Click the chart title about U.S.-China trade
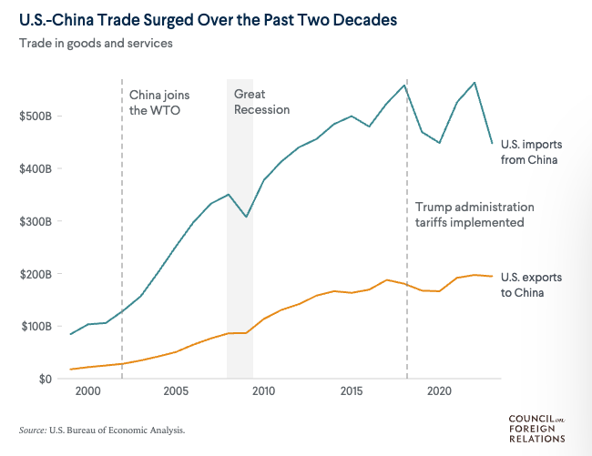tap(208, 18)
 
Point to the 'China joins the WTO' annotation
tap(159, 102)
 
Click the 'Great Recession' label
tap(261, 102)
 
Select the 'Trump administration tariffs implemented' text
tap(475, 215)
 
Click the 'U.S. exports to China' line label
tap(523, 284)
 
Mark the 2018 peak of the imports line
tap(404, 85)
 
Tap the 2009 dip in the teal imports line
tap(246, 217)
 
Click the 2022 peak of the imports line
tap(475, 83)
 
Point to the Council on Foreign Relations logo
tap(536, 428)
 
